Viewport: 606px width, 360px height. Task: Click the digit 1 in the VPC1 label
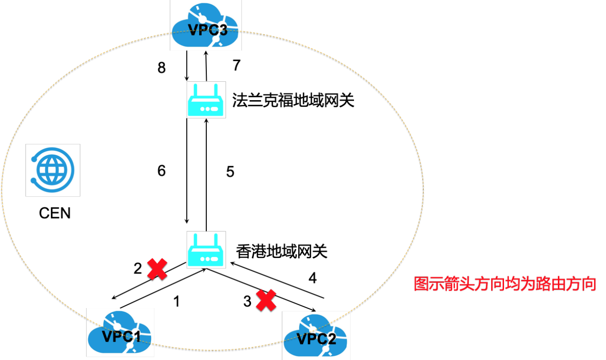[136, 336]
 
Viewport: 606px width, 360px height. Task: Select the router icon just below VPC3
[206, 100]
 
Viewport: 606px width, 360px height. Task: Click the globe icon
[52, 170]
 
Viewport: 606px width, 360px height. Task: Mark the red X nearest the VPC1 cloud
[157, 269]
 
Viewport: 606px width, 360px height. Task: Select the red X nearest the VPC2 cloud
[266, 300]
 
